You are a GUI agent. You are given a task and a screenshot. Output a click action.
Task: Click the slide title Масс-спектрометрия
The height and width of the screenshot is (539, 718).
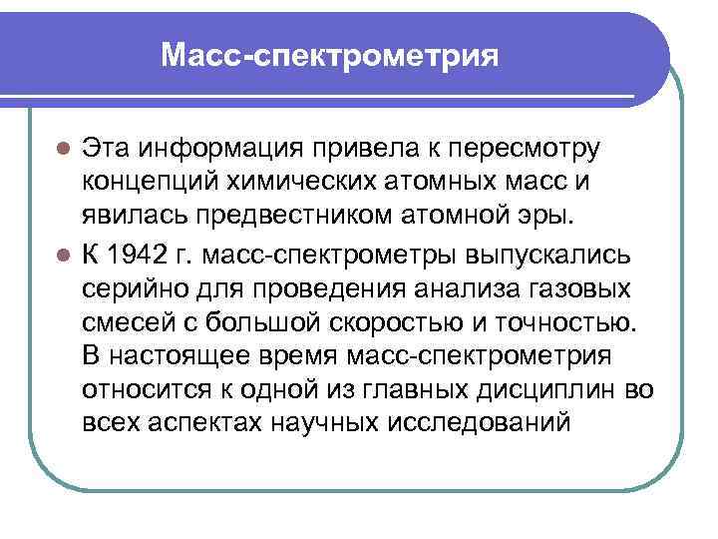[x=330, y=54]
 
